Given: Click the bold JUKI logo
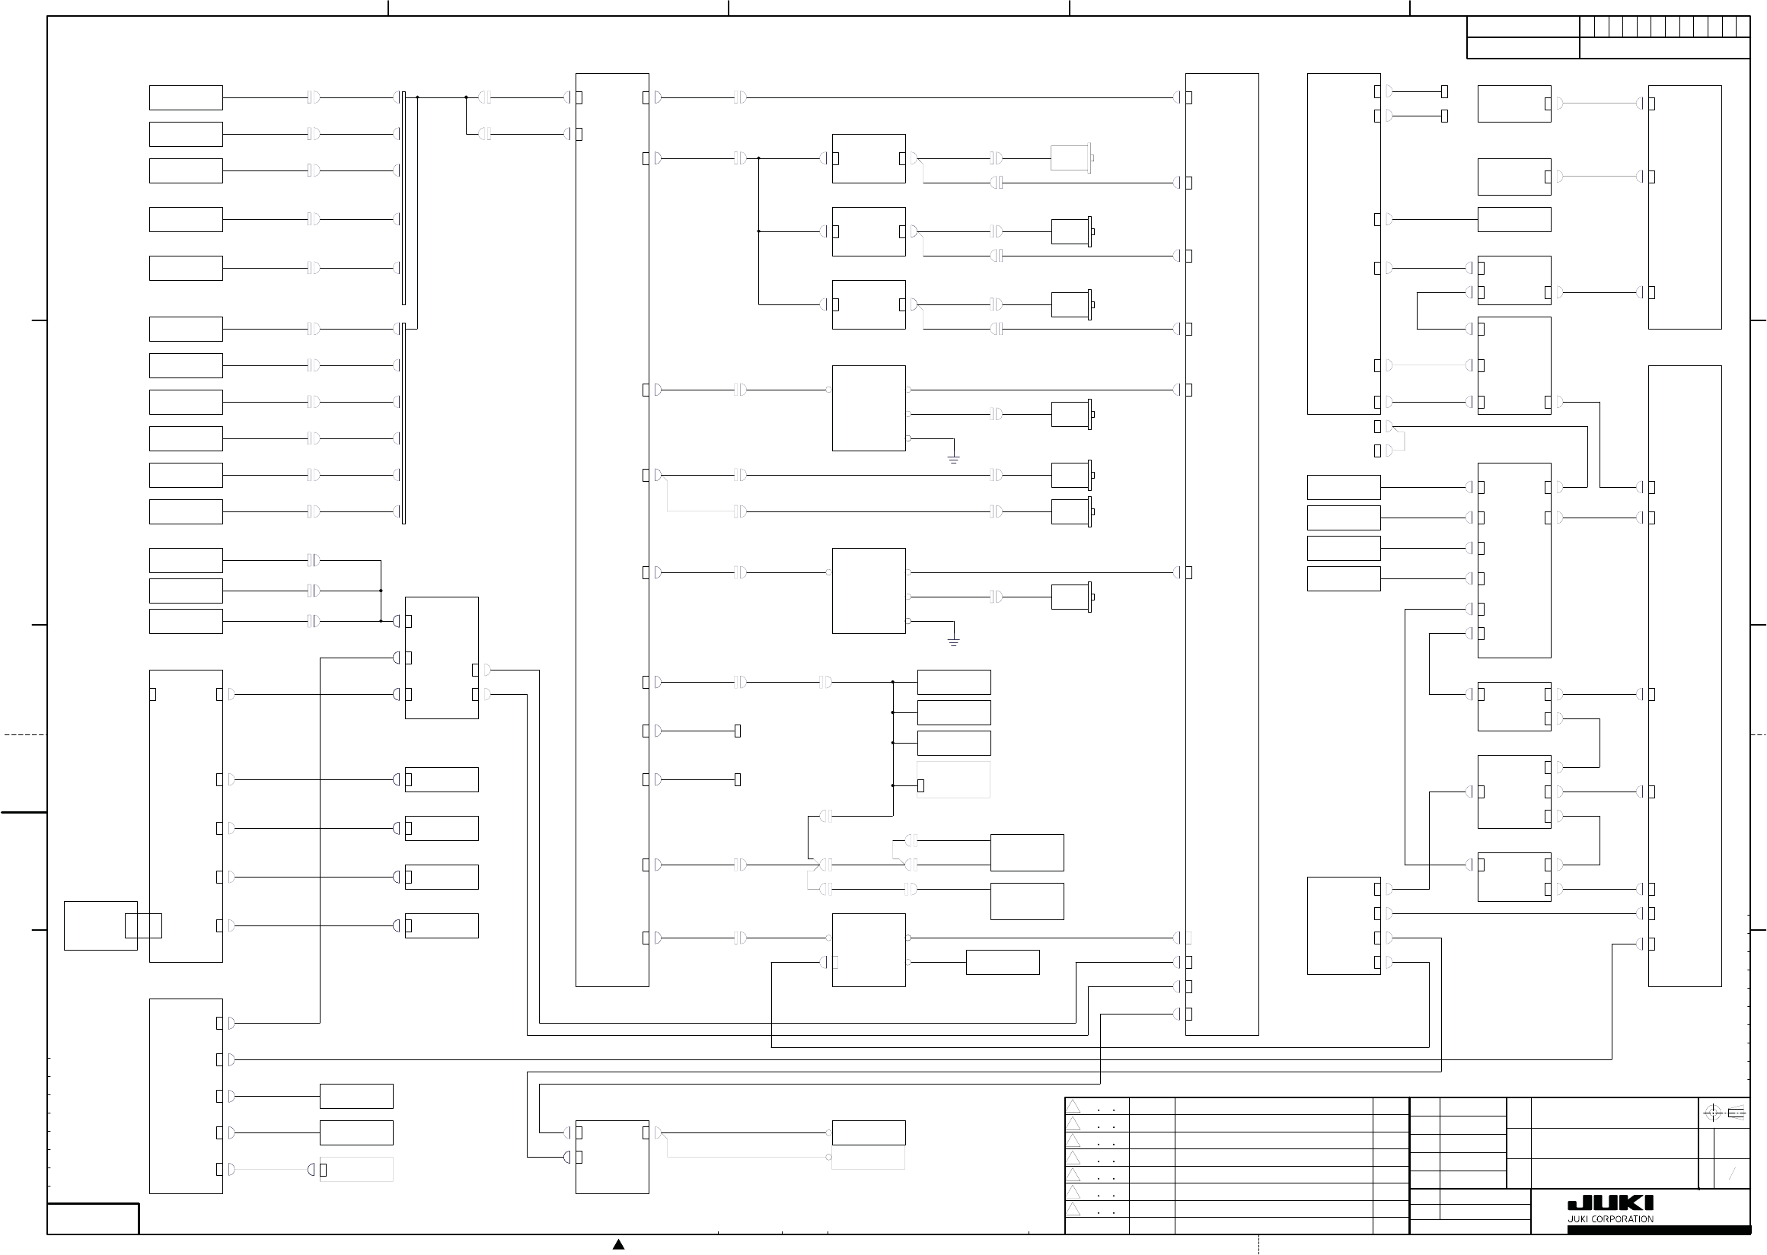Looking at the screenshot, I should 1610,1203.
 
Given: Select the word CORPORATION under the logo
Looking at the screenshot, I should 1622,1219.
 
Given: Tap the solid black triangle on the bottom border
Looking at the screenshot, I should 618,1244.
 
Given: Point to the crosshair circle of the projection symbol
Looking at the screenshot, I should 1712,1113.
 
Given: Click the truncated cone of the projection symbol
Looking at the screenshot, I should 1735,1113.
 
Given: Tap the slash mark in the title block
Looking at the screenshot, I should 1732,1174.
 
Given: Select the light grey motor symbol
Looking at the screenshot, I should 1071,158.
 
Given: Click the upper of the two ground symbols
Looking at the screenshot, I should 954,459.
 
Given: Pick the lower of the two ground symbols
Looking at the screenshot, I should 954,642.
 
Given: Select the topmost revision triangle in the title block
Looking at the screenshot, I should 1073,1107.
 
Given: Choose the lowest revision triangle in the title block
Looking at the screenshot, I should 1073,1209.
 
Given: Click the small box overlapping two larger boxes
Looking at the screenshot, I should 143,925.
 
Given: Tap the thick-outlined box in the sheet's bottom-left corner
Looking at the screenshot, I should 93,1218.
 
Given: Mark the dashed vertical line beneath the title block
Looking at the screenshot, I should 1259,1244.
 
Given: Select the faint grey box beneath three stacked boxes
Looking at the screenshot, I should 954,780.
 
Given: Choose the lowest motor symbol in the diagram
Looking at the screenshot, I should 1072,597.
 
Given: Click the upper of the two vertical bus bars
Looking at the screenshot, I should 403,197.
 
